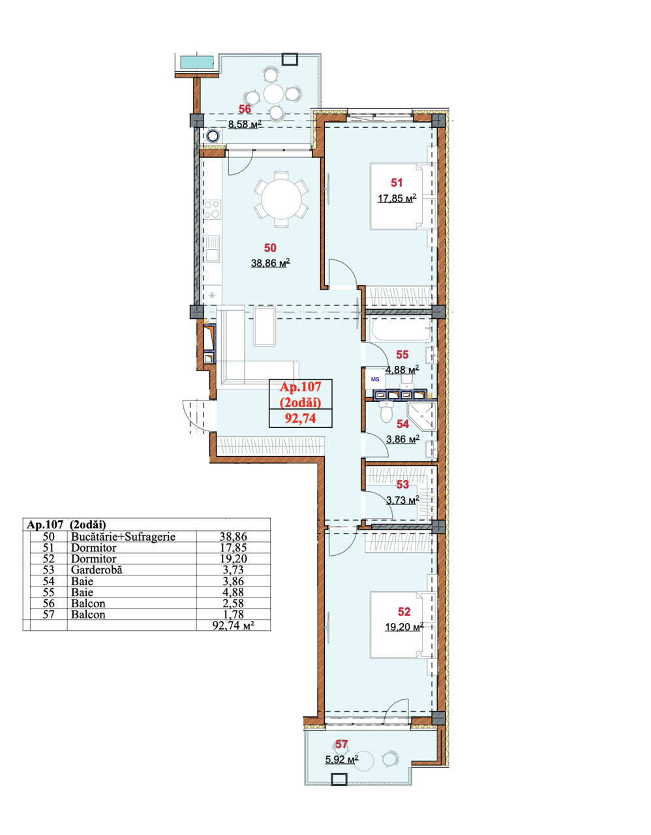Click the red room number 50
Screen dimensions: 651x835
[x=270, y=248]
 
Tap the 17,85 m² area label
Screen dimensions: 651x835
[x=397, y=198]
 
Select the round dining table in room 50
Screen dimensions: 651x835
[x=281, y=200]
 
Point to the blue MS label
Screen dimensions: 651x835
[x=375, y=379]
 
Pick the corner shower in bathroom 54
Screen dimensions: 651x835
[x=423, y=417]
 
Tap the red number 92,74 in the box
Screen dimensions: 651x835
[x=300, y=418]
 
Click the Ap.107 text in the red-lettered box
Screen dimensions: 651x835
[x=300, y=387]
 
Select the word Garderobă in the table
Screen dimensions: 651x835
[x=97, y=569]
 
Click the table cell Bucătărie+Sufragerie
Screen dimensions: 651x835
[x=123, y=536]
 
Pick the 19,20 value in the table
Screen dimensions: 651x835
[x=233, y=558]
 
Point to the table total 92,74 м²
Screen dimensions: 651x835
[x=234, y=625]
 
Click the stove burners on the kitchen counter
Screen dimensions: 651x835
[x=212, y=209]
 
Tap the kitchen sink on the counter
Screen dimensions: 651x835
[x=212, y=249]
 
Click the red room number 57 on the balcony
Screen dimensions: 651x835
[x=341, y=744]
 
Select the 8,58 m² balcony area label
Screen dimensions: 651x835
[x=245, y=124]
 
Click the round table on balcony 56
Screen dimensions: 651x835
[x=274, y=94]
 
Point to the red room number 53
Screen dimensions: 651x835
[x=402, y=485]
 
